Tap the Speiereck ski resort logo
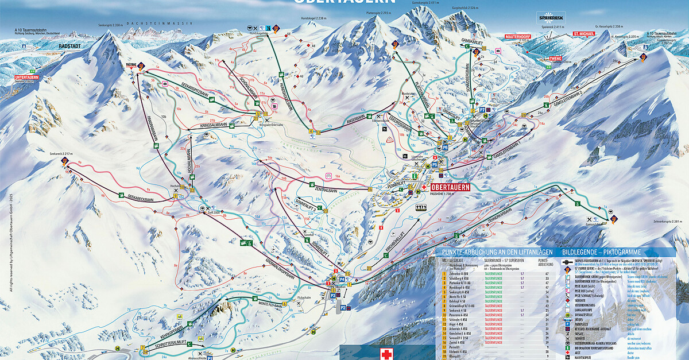click(x=551, y=17)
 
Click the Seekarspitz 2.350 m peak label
click(x=111, y=25)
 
